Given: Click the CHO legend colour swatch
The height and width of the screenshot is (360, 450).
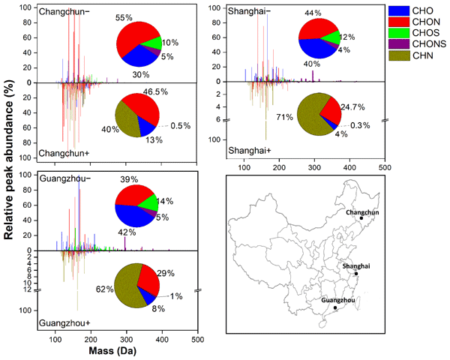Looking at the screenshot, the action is pyautogui.click(x=399, y=10).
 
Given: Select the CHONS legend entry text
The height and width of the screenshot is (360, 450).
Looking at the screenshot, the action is pyautogui.click(x=429, y=44).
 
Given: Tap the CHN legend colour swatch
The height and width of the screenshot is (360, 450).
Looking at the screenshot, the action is pyautogui.click(x=399, y=55).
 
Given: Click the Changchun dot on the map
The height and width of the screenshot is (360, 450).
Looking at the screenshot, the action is pyautogui.click(x=361, y=218).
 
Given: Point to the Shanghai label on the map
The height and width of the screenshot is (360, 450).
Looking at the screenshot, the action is pyautogui.click(x=356, y=266).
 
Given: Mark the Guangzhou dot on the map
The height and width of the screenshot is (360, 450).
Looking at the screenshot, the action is pyautogui.click(x=335, y=307).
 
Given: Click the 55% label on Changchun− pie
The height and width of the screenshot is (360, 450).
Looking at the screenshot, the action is pyautogui.click(x=124, y=18).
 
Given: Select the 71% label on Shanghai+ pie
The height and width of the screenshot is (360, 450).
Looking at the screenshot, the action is pyautogui.click(x=285, y=117).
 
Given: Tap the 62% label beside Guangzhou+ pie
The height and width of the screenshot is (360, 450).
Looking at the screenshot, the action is pyautogui.click(x=105, y=289).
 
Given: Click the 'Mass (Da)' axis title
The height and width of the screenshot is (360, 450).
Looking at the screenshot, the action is pyautogui.click(x=112, y=351).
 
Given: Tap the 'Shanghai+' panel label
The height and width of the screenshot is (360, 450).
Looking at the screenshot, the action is pyautogui.click(x=250, y=151).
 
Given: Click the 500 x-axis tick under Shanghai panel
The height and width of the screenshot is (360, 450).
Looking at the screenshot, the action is pyautogui.click(x=385, y=167).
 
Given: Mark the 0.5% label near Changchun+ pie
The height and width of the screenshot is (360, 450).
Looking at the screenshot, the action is pyautogui.click(x=181, y=126).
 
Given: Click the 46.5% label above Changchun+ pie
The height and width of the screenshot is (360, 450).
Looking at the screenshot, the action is pyautogui.click(x=156, y=91).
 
